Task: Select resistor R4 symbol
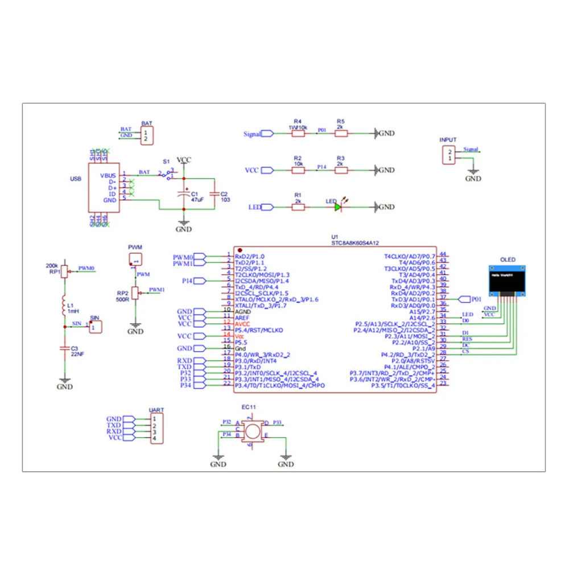tap(298, 134)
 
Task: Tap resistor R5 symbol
tap(340, 134)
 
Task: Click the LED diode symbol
tap(338, 207)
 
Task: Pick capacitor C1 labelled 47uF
tap(183, 194)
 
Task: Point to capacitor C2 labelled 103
tap(215, 194)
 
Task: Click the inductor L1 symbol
tap(64, 307)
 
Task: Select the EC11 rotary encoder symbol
tap(251, 431)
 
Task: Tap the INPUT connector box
tap(450, 155)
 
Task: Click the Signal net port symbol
tap(267, 134)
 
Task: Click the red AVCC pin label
tap(243, 324)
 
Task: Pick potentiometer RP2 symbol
tap(135, 293)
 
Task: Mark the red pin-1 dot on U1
tap(240, 250)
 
